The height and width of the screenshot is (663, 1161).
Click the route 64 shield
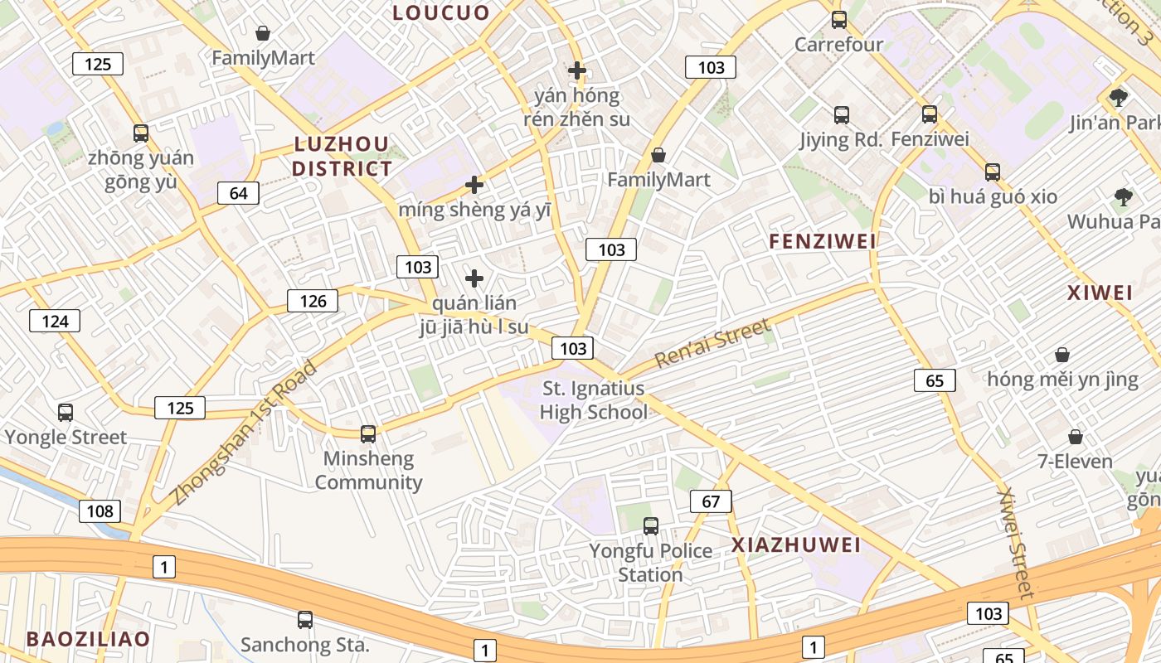[x=238, y=193]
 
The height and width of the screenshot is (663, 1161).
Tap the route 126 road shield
[x=313, y=301]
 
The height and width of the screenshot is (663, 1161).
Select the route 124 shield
[x=55, y=321]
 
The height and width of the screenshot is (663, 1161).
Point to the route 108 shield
[x=100, y=511]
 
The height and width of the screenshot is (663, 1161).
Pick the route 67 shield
[x=711, y=501]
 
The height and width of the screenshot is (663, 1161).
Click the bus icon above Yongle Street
[x=66, y=412]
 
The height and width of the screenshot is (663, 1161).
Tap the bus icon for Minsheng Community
[x=368, y=433]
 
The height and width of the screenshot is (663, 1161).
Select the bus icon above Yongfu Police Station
[x=651, y=525]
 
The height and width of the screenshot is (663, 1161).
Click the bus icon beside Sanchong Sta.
[x=305, y=619]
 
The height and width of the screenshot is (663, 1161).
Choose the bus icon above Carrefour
[x=839, y=20]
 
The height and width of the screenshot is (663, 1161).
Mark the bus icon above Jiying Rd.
[x=842, y=115]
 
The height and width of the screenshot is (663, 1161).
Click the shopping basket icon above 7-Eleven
[x=1076, y=436]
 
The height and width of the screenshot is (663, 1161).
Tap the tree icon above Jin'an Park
[x=1119, y=97]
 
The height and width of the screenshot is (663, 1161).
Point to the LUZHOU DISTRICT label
[x=342, y=157]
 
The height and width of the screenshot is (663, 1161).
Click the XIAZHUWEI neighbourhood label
[x=796, y=545]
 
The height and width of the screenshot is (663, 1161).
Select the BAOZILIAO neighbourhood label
[x=88, y=639]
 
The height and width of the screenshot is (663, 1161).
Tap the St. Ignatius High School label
[x=594, y=400]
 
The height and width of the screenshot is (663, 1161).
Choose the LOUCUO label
[x=441, y=12]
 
